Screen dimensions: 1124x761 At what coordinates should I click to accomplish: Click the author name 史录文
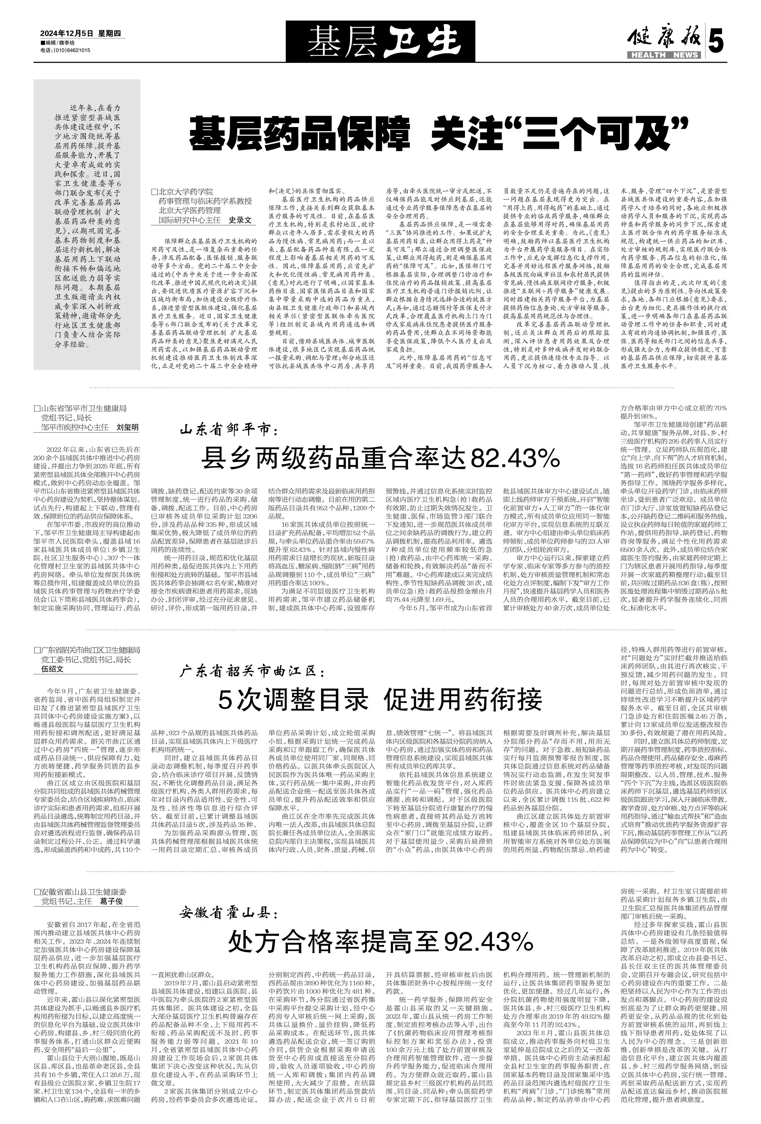point(240,220)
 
